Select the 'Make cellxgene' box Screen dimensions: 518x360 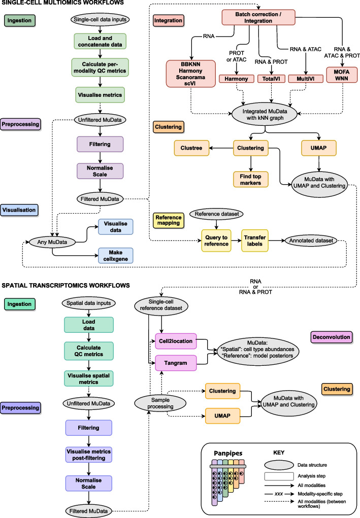click(x=115, y=256)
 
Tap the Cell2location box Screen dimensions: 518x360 click(x=175, y=341)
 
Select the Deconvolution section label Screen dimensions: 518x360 click(x=332, y=337)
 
